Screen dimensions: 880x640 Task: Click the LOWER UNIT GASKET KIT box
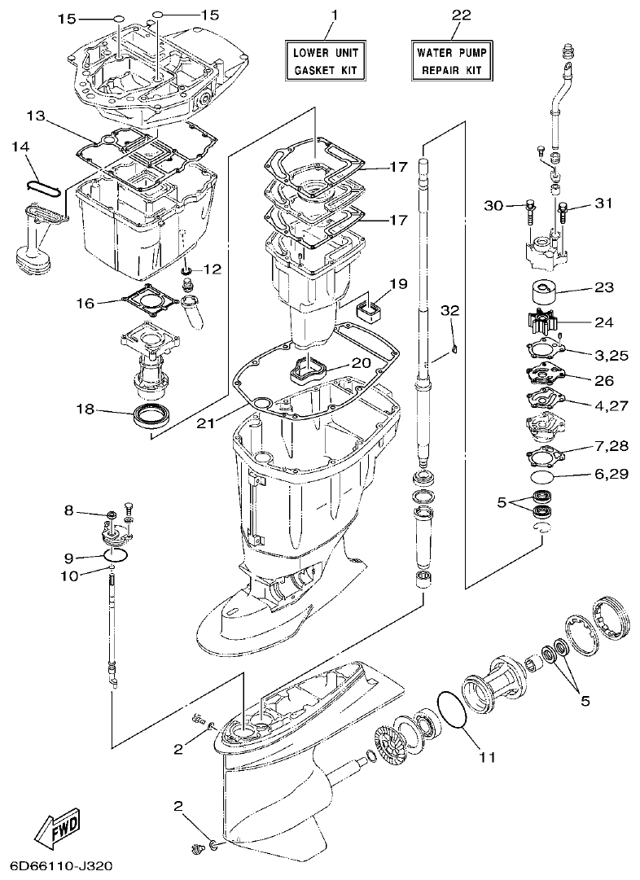click(325, 61)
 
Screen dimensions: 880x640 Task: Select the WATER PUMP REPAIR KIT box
click(451, 61)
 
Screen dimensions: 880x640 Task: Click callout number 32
click(450, 310)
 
